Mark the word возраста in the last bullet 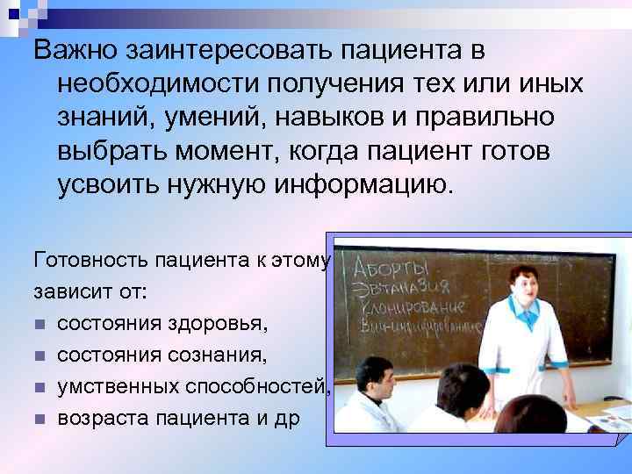[x=97, y=418]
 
